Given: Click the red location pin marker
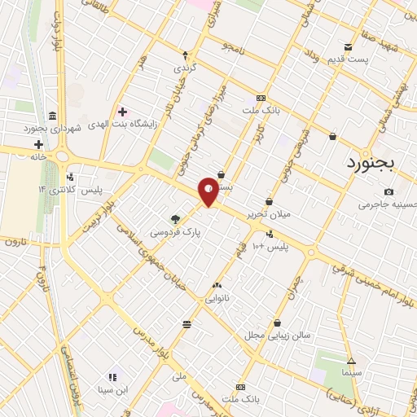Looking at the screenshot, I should pyautogui.click(x=208, y=191).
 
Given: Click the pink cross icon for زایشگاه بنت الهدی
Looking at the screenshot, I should pyautogui.click(x=122, y=112).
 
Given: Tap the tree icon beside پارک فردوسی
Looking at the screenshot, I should pyautogui.click(x=174, y=218).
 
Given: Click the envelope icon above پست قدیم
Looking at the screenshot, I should pyautogui.click(x=348, y=46).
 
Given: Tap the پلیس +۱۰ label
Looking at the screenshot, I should pyautogui.click(x=268, y=245).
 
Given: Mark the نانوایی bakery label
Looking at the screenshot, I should pyautogui.click(x=216, y=298).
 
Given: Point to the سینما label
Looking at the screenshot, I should pyautogui.click(x=352, y=371).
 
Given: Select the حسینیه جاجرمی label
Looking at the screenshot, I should pyautogui.click(x=388, y=204).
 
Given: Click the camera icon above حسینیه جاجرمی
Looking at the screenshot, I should pyautogui.click(x=388, y=192).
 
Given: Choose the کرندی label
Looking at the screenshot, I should pyautogui.click(x=185, y=69).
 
